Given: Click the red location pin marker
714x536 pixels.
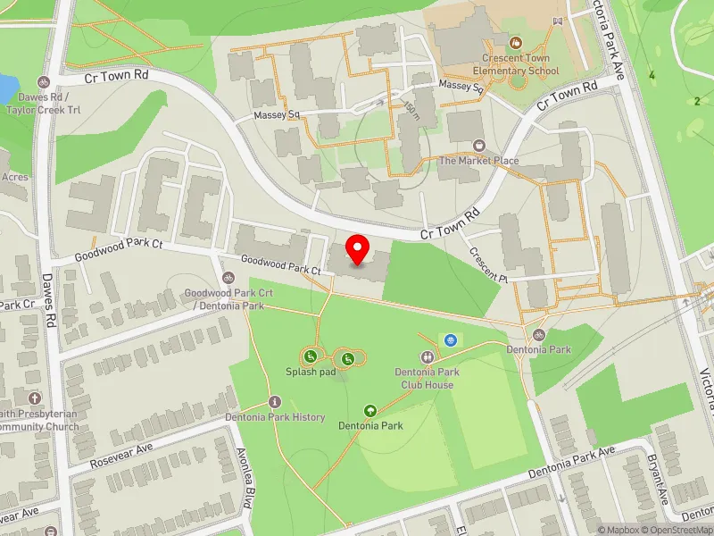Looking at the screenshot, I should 358,249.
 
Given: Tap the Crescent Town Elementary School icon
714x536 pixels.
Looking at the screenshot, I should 514,42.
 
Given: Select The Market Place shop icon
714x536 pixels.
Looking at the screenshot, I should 478,145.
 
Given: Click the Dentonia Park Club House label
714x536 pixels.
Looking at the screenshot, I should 427,378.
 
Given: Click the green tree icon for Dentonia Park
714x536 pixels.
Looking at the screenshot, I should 369,410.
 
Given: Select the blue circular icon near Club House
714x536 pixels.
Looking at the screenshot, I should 451,339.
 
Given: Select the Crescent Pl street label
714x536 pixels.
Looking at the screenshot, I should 488,265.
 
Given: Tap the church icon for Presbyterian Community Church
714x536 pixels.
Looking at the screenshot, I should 34,398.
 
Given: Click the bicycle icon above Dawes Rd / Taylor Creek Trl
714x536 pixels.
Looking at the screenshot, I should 42,81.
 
